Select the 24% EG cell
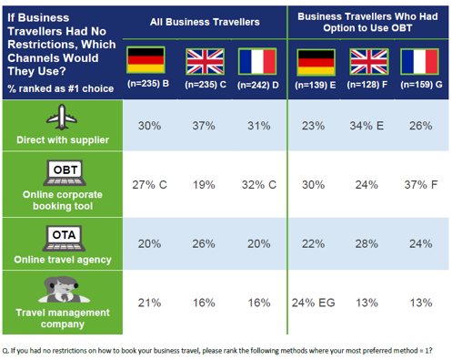[x=314, y=303]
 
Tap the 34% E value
[x=368, y=126]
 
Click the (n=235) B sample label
[x=146, y=84]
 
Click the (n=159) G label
[x=420, y=84]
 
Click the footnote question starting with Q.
[x=218, y=350]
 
